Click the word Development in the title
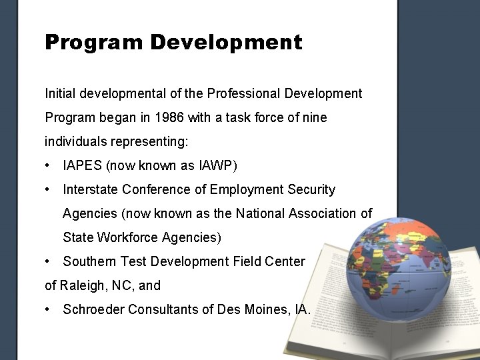coord(226,43)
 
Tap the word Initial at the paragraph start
coord(60,93)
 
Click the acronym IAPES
coord(82,165)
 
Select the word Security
coord(311,189)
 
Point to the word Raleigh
coord(81,285)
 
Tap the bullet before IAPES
coord(49,165)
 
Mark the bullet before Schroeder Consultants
coord(49,309)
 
